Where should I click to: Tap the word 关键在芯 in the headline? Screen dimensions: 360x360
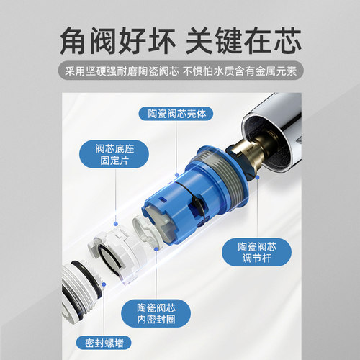[x=245, y=39]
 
